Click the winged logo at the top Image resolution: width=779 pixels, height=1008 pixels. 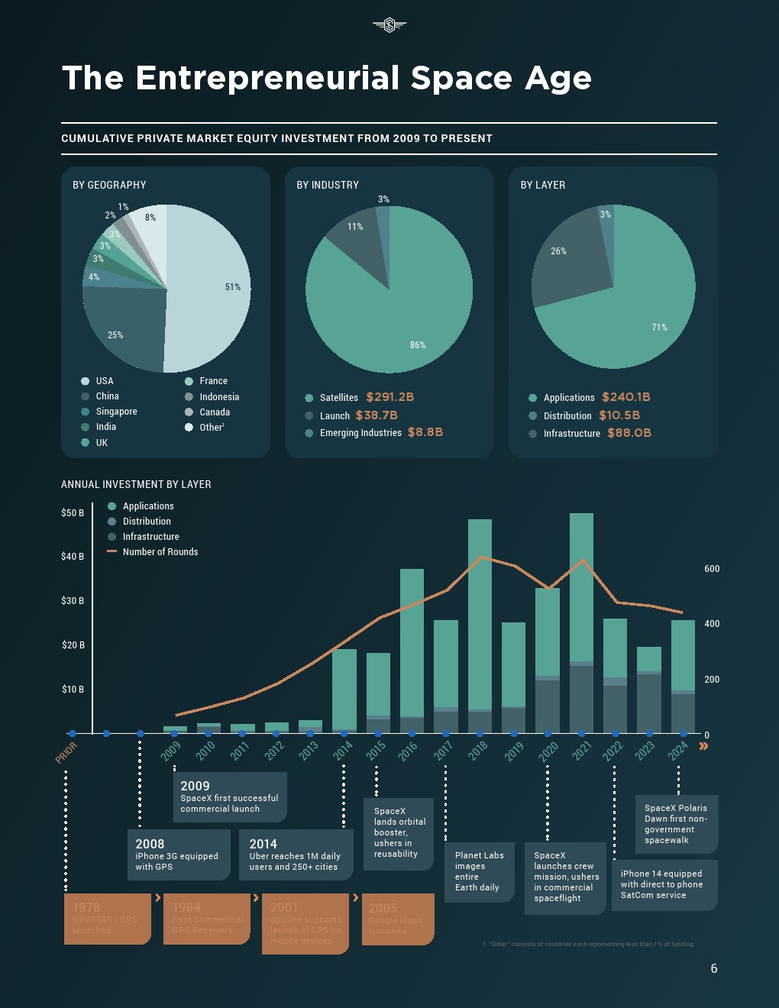point(389,25)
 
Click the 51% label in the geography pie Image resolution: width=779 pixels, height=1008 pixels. point(233,287)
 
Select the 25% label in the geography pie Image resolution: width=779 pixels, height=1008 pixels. point(115,335)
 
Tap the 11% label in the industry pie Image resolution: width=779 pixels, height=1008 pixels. point(355,227)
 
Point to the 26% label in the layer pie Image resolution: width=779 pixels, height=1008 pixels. point(559,251)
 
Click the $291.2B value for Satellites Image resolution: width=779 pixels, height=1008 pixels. point(389,397)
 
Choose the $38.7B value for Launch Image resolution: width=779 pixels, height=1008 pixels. point(377,415)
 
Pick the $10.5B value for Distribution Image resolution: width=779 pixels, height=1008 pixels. point(619,415)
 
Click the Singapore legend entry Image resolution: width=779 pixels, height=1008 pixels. point(116,412)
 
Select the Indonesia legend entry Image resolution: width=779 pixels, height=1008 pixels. point(219,397)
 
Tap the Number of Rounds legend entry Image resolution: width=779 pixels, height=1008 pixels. point(160,552)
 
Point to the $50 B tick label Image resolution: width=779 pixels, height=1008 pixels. point(73,513)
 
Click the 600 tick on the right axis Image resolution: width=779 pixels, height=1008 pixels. point(712,569)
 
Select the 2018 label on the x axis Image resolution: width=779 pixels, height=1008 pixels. point(478,751)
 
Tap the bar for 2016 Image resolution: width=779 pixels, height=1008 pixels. point(412,649)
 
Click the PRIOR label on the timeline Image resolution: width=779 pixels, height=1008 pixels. point(66,752)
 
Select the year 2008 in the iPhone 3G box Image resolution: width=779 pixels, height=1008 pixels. point(150,844)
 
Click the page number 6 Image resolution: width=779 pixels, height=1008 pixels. point(714,968)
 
